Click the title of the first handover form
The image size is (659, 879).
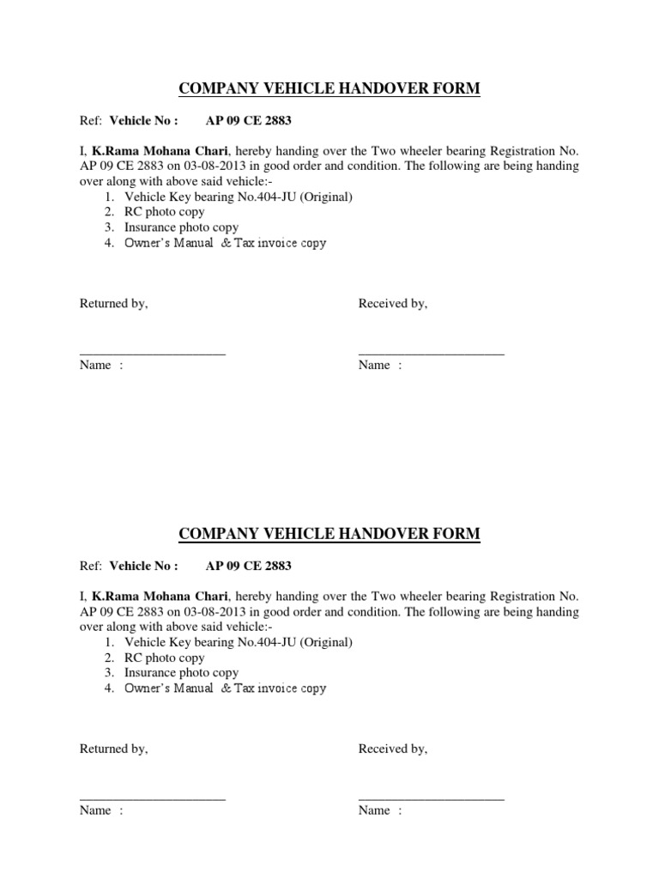click(x=329, y=89)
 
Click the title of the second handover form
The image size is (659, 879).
click(x=329, y=535)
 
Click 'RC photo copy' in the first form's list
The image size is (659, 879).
click(x=165, y=212)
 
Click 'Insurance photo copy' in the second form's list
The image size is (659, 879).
click(x=181, y=673)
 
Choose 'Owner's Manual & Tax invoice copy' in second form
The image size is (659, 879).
click(x=225, y=688)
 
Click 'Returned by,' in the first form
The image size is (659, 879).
click(x=114, y=304)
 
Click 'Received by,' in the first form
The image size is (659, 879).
click(x=393, y=304)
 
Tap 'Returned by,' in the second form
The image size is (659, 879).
click(x=114, y=749)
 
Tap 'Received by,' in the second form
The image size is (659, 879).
click(x=393, y=749)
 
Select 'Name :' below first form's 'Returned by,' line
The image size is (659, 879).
click(x=101, y=366)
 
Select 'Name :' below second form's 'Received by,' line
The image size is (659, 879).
click(x=380, y=811)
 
